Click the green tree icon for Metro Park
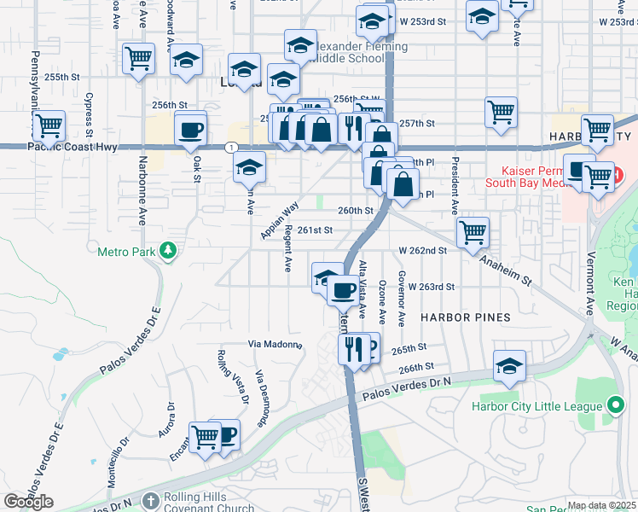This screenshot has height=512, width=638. pyautogui.click(x=170, y=249)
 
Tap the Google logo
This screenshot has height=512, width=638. pyautogui.click(x=28, y=502)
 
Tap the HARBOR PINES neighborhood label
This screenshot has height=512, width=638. pyautogui.click(x=465, y=317)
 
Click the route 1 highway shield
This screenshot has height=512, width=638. pyautogui.click(x=231, y=148)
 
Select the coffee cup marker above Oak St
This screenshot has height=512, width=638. pyautogui.click(x=190, y=131)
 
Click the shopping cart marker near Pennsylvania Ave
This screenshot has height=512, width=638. pyautogui.click(x=49, y=126)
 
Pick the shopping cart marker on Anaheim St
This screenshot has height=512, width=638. pyautogui.click(x=473, y=231)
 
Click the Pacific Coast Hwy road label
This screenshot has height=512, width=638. pyautogui.click(x=72, y=147)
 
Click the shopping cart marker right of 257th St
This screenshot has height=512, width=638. pyautogui.click(x=501, y=111)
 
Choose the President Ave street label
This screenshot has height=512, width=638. pyautogui.click(x=456, y=186)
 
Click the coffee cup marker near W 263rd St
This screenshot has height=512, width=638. pyautogui.click(x=343, y=291)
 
